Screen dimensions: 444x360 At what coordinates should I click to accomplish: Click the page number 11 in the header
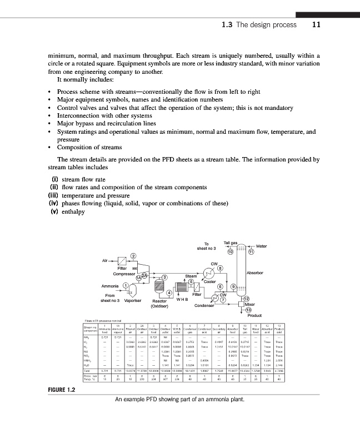coord(316,26)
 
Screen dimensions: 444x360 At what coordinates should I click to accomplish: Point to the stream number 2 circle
coord(133,255)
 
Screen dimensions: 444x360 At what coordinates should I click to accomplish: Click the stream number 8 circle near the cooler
coord(220,269)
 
